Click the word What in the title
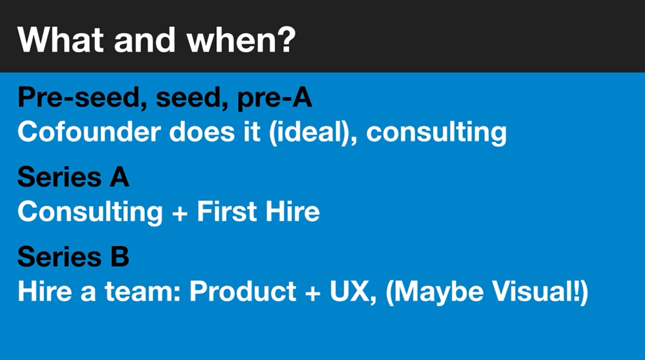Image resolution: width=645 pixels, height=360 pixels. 60,40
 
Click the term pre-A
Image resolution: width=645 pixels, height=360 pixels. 274,99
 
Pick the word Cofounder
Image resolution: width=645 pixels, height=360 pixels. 89,132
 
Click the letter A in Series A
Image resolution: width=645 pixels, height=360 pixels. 119,177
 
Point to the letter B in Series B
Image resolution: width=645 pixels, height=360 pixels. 119,256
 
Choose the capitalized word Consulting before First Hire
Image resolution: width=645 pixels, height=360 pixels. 90,213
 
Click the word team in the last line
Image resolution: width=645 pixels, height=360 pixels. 143,291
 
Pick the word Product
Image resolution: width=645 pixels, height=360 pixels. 242,291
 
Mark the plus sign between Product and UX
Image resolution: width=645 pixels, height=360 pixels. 313,293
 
